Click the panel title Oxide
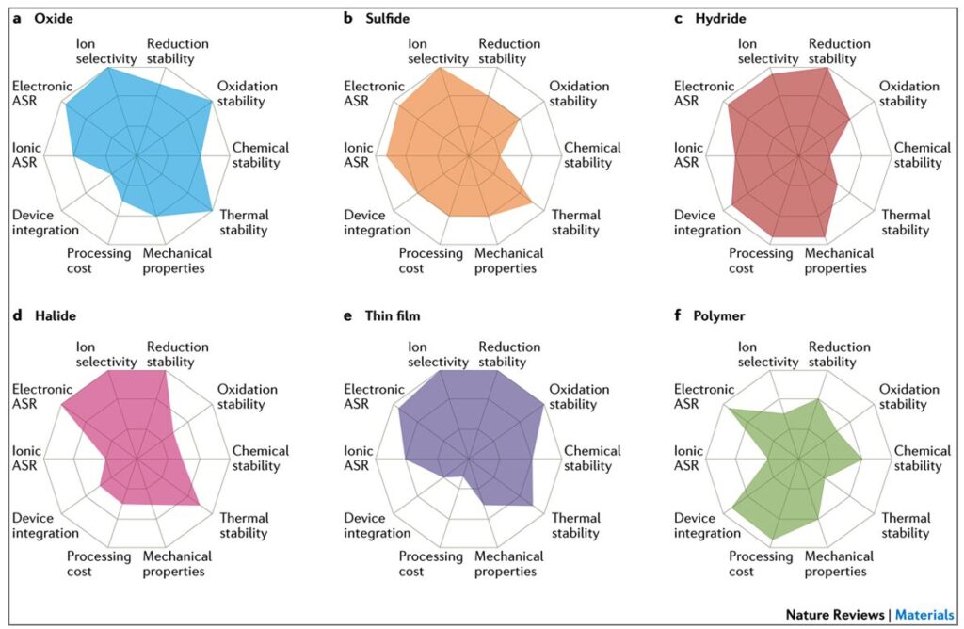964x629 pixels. coord(54,19)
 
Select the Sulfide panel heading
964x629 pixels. coord(390,19)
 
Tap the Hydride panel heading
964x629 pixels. coord(719,19)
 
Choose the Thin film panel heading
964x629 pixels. coord(396,316)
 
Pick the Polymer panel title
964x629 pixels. coord(723,316)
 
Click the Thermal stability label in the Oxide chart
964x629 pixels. coord(244,222)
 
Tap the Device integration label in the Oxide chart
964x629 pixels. coord(45,222)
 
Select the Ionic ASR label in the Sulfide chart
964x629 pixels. coord(359,155)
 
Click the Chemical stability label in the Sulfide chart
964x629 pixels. coord(592,155)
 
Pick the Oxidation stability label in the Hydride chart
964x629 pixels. coord(908,94)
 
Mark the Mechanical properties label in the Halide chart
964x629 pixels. coord(177,564)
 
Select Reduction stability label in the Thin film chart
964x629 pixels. coord(509,355)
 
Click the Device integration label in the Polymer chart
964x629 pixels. coord(707,525)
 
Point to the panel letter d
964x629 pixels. coord(18,316)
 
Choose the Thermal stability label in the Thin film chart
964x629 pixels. coord(575,525)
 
